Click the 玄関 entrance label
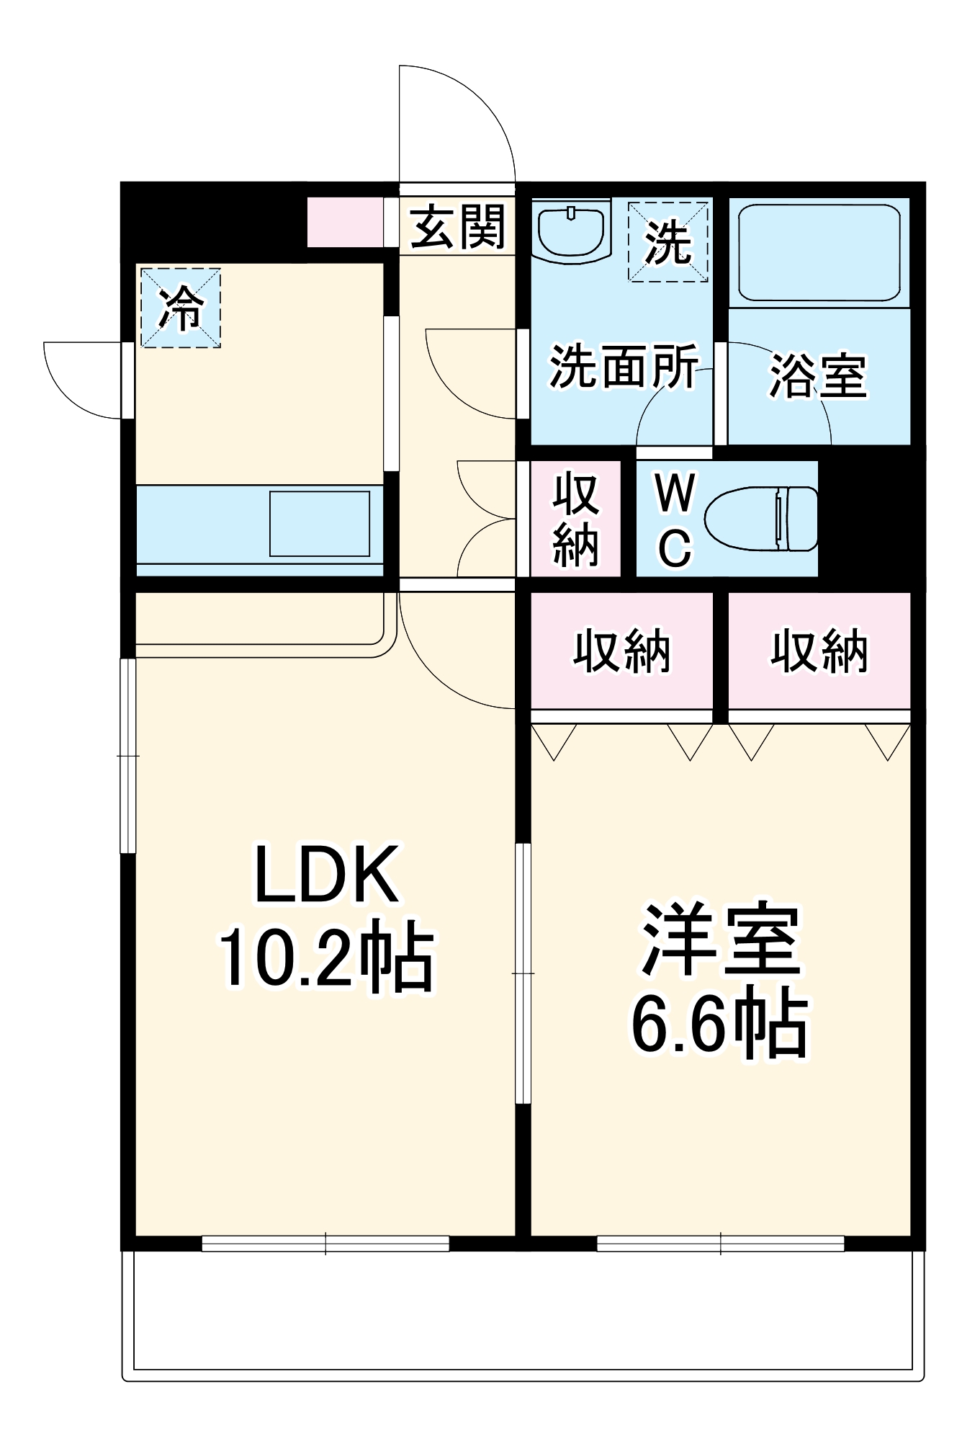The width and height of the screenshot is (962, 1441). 458,226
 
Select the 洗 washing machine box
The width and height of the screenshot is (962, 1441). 667,241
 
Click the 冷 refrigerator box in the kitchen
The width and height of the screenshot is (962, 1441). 180,308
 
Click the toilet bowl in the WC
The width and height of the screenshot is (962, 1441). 760,519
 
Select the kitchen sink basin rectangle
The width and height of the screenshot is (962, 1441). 320,524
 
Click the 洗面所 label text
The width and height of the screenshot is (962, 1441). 624,366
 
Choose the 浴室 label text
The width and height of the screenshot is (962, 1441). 818,375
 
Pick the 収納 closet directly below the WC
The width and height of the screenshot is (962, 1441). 621,651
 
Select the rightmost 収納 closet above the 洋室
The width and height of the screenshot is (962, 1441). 819,651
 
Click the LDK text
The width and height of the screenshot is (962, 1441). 326,875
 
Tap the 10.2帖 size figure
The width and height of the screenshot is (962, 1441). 326,958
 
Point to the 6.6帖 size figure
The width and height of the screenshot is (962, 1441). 720,1024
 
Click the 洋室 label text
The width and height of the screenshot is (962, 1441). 721,940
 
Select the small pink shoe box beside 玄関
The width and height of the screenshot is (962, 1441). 345,222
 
